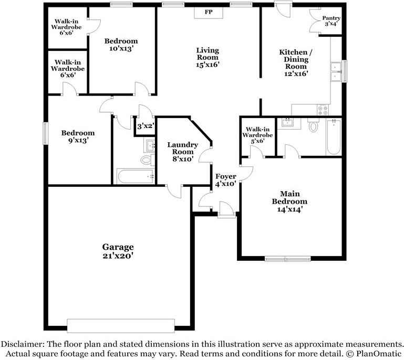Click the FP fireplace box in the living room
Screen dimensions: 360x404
point(209,12)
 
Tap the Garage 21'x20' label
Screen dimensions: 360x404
point(118,251)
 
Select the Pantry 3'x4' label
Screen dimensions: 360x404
point(332,20)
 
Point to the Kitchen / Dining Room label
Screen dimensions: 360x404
point(296,62)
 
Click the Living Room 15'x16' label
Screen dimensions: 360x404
point(208,57)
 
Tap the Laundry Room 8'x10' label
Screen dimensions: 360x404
point(182,152)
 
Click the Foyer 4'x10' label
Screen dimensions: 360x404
point(225,180)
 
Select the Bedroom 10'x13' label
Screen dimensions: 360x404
point(121,45)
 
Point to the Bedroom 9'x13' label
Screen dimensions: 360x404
point(78,136)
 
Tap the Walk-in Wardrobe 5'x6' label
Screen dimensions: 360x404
point(257,134)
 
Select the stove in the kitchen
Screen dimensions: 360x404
point(323,110)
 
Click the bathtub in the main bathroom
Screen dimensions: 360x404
point(334,137)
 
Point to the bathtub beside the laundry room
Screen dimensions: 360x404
point(135,176)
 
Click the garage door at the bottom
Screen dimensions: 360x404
point(122,325)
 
